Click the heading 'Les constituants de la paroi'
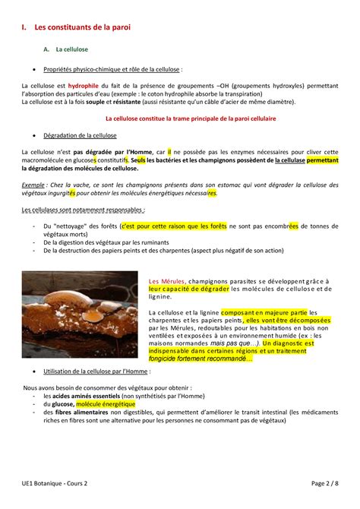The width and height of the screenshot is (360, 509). coord(82,27)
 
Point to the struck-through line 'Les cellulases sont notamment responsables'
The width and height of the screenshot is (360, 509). coord(84,209)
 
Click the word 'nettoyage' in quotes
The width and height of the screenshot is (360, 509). coord(74,226)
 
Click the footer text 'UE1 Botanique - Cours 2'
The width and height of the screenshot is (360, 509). coord(55,484)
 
